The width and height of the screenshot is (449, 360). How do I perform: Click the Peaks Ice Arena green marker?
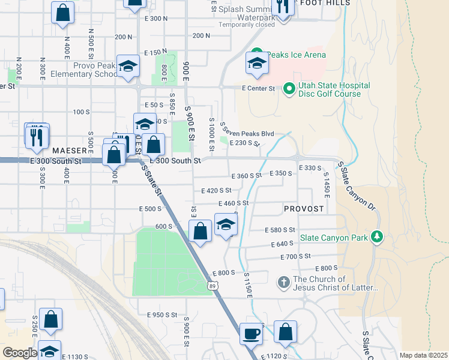[x=258, y=55]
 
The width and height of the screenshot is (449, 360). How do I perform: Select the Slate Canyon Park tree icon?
[x=377, y=238]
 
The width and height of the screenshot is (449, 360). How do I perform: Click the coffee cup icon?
[x=252, y=333]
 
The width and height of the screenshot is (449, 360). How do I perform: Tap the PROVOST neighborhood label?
[x=304, y=209]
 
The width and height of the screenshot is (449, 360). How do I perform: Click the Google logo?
[x=20, y=353]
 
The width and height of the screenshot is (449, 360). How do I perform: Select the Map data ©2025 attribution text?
[x=423, y=355]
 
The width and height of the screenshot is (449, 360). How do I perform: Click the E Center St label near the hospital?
[x=258, y=88]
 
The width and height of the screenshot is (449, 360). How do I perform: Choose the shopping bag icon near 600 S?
[x=200, y=231]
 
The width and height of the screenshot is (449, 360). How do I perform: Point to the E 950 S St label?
[x=162, y=314]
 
